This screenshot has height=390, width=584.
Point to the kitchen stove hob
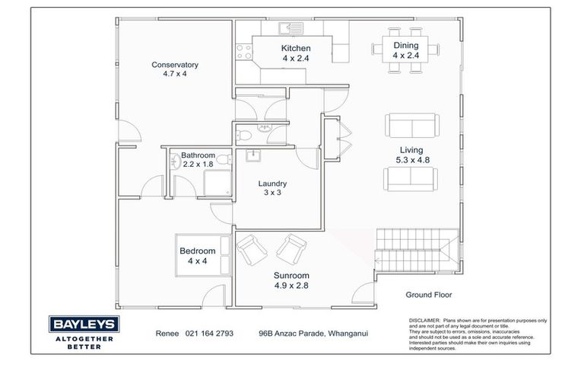click(x=244, y=52)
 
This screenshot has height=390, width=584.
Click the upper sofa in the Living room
click(x=410, y=125)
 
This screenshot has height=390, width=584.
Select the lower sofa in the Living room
click(x=410, y=177)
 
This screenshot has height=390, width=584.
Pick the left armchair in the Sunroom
click(x=249, y=248)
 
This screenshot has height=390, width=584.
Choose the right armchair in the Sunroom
click(x=289, y=248)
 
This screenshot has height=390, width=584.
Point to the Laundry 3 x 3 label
click(x=271, y=188)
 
